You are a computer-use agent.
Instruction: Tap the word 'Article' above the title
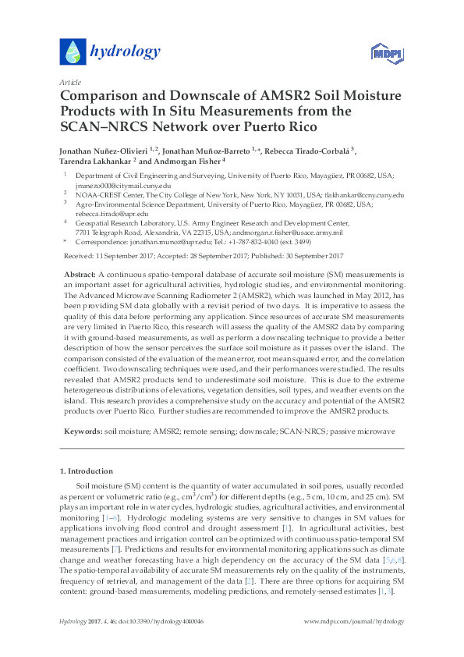pos(70,82)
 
